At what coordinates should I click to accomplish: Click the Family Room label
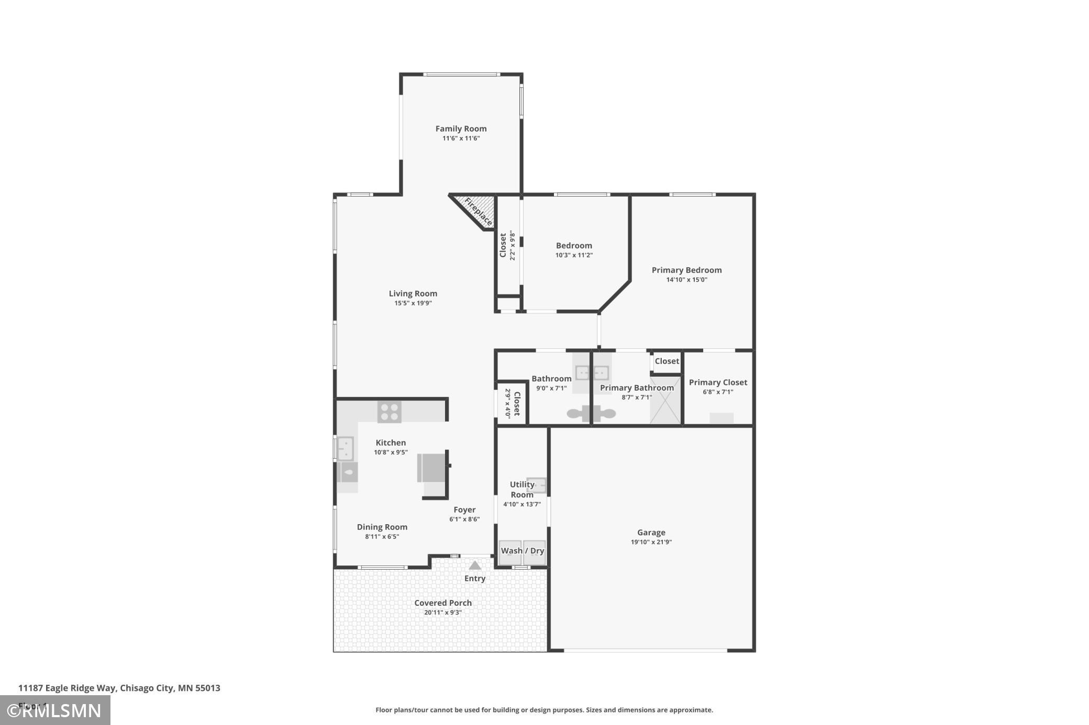click(461, 129)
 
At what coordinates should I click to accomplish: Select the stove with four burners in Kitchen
click(389, 412)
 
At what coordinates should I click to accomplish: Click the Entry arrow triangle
click(474, 565)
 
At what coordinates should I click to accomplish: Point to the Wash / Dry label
click(522, 551)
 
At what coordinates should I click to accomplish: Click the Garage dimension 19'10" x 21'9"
click(651, 542)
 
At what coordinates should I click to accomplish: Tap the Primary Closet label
click(718, 382)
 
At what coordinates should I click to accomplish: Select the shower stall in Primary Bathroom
click(665, 400)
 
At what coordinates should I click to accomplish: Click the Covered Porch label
click(443, 603)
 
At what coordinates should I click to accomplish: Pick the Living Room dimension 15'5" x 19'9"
click(413, 303)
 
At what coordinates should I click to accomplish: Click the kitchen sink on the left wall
click(345, 448)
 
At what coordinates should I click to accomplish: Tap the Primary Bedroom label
click(686, 270)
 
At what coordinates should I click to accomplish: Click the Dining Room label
click(382, 527)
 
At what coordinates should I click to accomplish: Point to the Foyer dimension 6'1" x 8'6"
click(464, 519)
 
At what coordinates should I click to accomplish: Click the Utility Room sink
click(537, 485)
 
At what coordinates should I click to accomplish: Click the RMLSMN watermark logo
click(55, 710)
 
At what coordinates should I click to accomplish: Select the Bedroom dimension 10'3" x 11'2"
click(574, 255)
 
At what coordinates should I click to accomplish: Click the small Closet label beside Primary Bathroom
click(666, 361)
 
